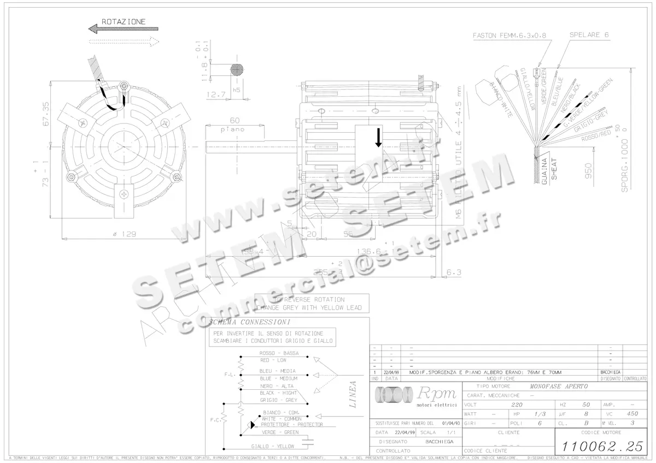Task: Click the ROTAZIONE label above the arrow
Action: coord(124,21)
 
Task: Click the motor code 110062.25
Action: coord(598,445)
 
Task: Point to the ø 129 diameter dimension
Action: coord(124,234)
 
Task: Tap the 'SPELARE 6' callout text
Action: coord(589,35)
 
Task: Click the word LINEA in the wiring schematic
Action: coord(353,394)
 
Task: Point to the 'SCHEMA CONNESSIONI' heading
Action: coord(249,322)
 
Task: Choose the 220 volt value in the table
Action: coord(516,405)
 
